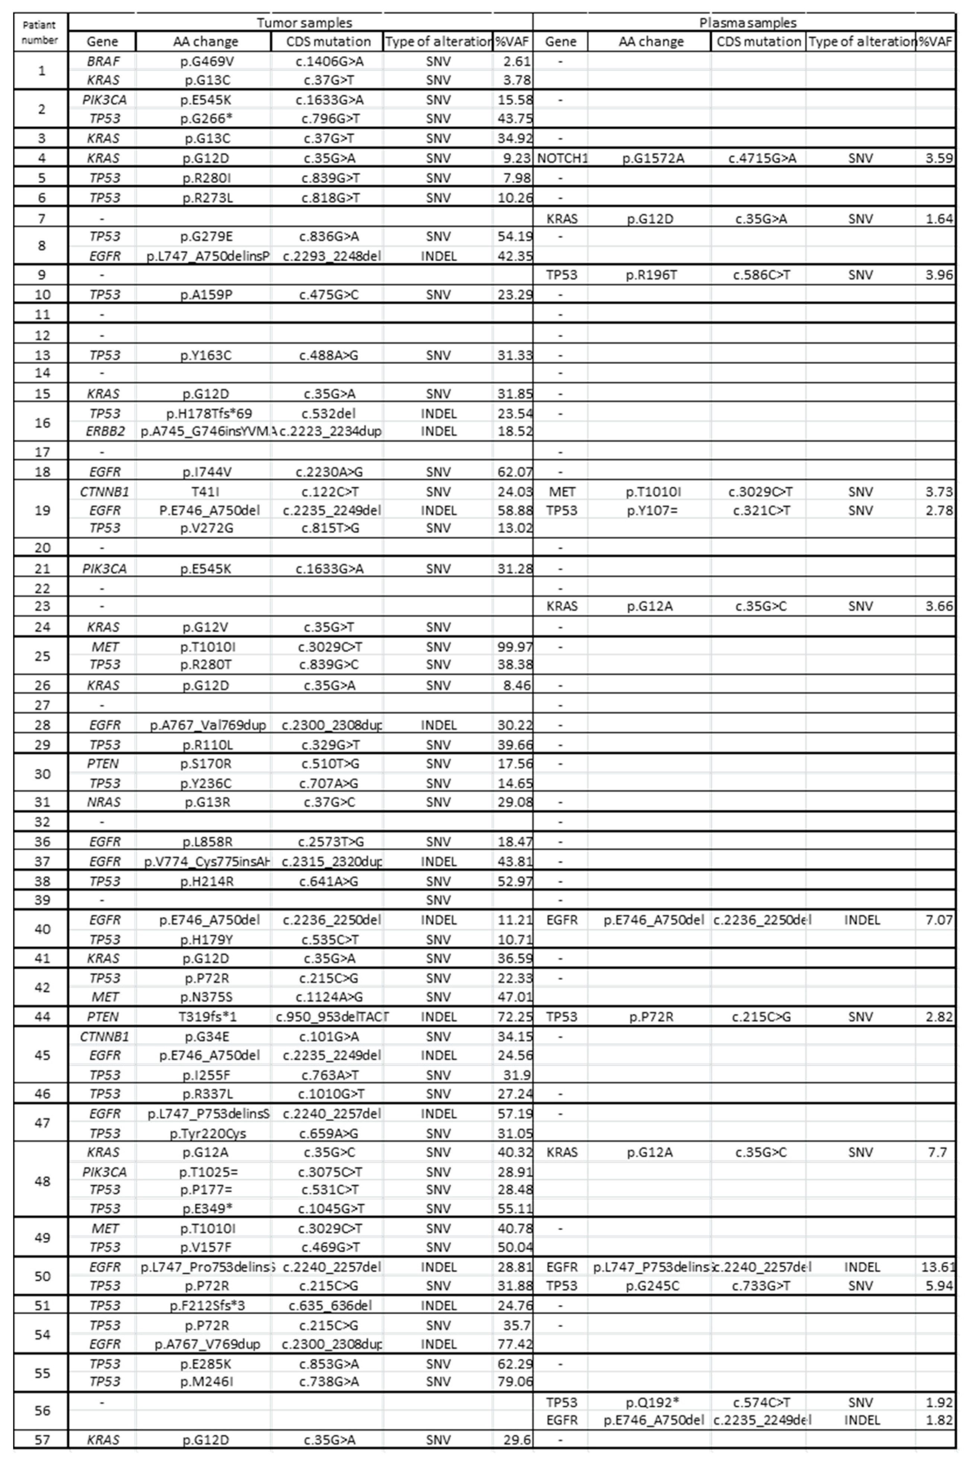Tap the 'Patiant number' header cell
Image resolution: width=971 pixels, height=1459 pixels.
(39, 32)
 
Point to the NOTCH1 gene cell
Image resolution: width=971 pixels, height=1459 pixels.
(562, 158)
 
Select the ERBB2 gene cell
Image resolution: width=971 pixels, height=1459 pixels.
(105, 431)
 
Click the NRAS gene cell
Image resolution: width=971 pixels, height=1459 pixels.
(104, 802)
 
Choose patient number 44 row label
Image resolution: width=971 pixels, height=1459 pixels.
(41, 1016)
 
